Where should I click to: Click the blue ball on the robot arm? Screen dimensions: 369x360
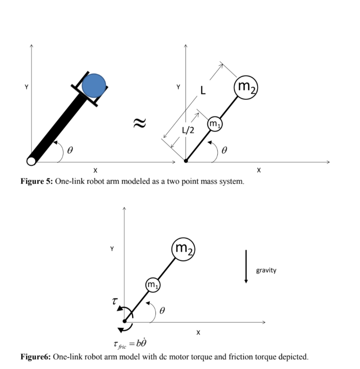coord(94,84)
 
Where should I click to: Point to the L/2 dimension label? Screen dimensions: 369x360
coord(188,131)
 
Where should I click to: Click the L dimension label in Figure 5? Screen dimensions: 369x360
coord(203,91)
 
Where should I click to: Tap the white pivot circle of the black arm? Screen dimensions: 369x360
coord(31,161)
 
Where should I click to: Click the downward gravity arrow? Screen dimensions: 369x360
coord(246,266)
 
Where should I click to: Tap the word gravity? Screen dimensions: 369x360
coord(266,270)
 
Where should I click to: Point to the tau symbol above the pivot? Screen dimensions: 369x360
coord(114,301)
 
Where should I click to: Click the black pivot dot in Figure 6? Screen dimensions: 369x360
coord(124,321)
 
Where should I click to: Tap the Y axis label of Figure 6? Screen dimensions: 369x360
coord(112,249)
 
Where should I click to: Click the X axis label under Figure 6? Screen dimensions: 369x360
coord(198,333)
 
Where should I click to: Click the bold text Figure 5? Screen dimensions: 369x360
coord(37,181)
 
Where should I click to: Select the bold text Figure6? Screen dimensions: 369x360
coord(36,357)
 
